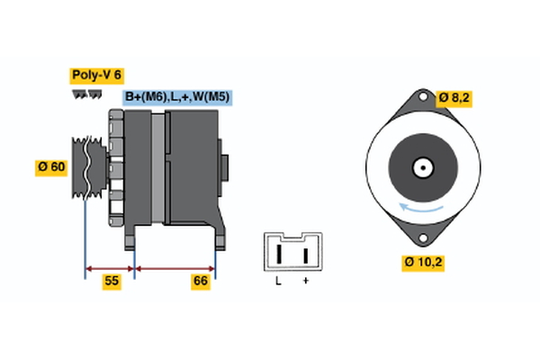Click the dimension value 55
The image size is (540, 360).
[x=111, y=281]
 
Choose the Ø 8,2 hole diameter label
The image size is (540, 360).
[x=455, y=97]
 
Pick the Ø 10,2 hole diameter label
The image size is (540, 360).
[x=424, y=263]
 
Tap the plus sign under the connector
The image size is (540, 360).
[x=306, y=281]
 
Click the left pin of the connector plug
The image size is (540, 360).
[x=279, y=255]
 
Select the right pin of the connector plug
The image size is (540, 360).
[x=306, y=255]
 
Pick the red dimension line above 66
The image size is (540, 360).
[x=175, y=267]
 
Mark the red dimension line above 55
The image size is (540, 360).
[x=110, y=267]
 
